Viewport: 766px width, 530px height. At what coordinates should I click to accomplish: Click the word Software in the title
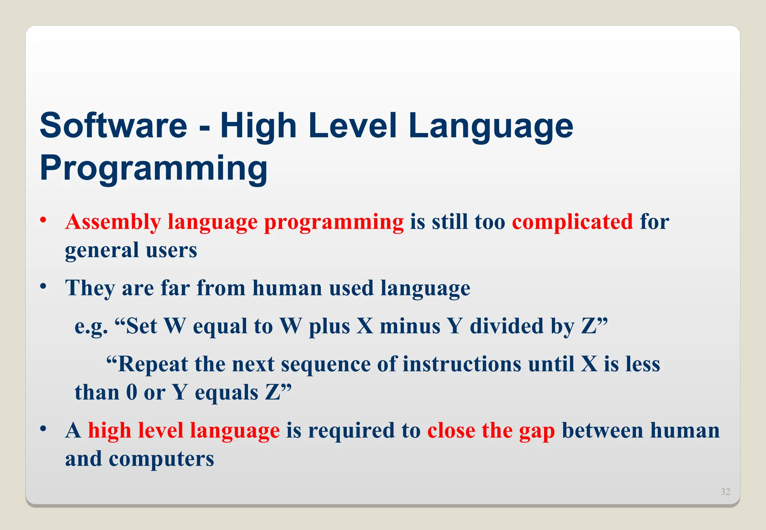coord(113,126)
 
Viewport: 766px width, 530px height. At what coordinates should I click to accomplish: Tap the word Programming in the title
coord(153,168)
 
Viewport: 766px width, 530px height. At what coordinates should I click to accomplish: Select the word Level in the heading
coord(352,126)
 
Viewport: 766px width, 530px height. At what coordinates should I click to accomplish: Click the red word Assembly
coord(113,222)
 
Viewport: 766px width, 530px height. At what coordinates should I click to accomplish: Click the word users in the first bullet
coord(171,250)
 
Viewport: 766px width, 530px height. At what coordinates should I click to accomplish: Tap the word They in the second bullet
coord(90,288)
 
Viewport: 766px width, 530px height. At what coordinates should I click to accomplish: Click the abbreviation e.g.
coord(91,326)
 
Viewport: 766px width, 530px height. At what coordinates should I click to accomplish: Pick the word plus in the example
coord(329,326)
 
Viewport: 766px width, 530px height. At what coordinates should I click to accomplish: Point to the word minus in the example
coord(410,326)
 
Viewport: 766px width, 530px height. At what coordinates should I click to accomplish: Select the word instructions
coord(462,364)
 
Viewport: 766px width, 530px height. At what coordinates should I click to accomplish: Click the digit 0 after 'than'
coord(132,392)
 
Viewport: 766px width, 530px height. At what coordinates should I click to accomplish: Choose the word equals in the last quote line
coord(226,392)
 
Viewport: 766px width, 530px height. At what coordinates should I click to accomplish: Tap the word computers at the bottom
coord(161,459)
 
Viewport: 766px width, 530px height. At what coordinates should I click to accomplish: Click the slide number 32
coord(725,492)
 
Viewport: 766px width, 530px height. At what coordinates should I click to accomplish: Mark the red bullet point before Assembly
coord(44,220)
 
